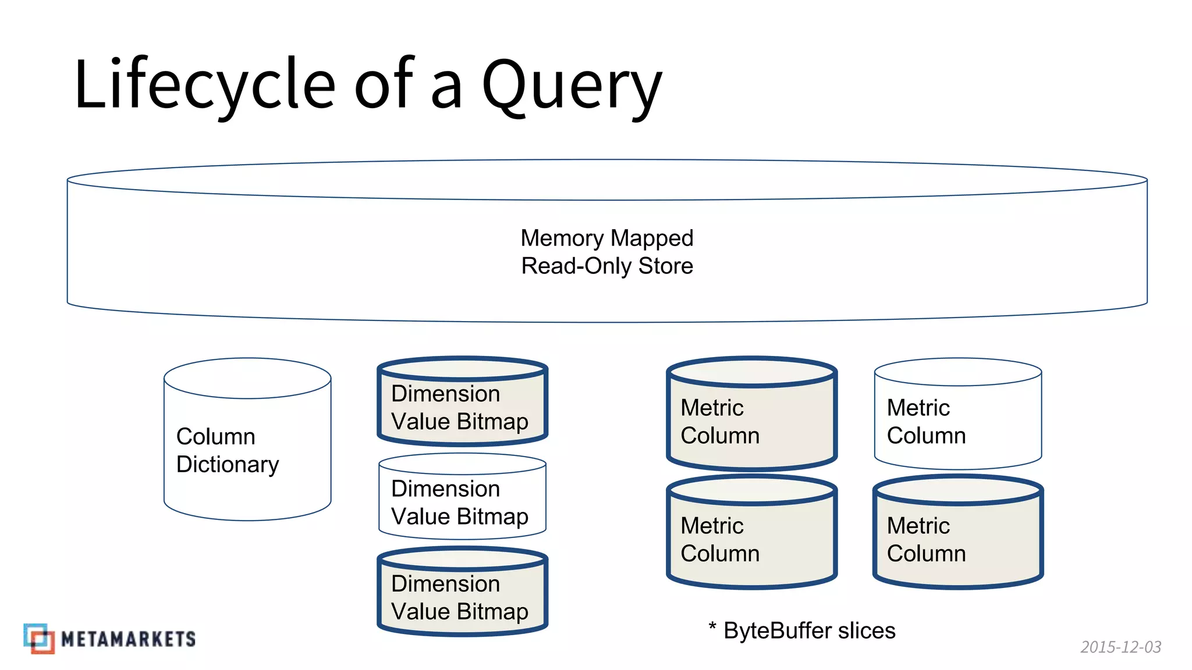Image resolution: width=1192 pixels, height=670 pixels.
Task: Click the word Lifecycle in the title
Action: click(x=204, y=84)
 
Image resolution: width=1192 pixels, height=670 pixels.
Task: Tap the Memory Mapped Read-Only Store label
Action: click(x=606, y=252)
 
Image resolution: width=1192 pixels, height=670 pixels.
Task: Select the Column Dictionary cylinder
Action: click(x=247, y=451)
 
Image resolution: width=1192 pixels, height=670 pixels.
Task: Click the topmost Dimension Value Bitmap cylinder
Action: click(x=462, y=407)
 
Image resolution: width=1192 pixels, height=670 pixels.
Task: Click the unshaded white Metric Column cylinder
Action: click(x=957, y=421)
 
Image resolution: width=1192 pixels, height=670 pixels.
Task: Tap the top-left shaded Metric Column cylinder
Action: click(x=751, y=421)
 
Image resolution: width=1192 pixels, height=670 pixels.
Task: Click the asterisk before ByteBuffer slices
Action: click(x=712, y=626)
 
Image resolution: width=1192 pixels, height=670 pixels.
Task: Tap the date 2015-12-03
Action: click(x=1120, y=647)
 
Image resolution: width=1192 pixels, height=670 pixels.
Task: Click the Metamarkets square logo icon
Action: click(x=39, y=639)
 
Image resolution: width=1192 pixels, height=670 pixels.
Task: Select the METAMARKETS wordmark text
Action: click(x=128, y=639)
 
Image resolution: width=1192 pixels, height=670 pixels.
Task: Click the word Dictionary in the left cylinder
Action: click(x=228, y=464)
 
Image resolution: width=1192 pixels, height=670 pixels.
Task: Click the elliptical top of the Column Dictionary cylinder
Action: click(x=247, y=378)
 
